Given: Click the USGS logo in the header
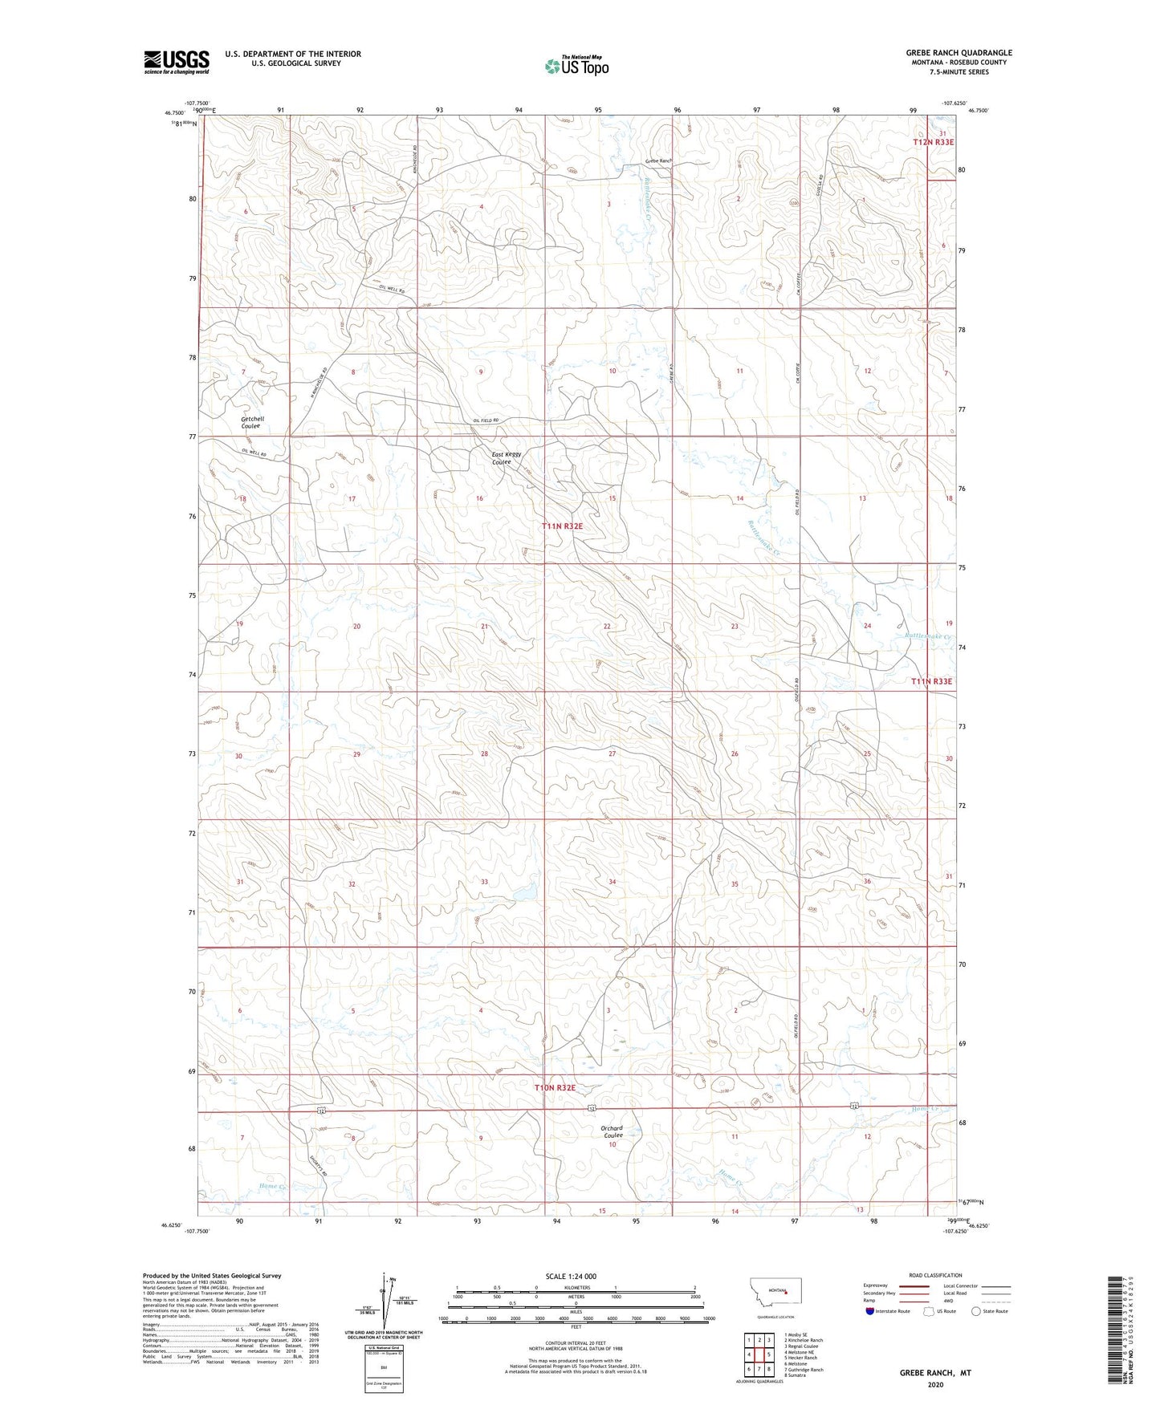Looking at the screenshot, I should [x=177, y=62].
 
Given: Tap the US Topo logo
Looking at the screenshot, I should [x=576, y=66].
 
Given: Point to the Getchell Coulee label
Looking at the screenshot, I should [x=252, y=423].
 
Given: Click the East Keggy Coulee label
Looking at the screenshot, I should [x=506, y=458].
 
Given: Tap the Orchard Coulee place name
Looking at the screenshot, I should [x=612, y=1131].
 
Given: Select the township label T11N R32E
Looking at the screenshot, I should [x=562, y=526].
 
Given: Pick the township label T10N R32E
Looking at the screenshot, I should [x=556, y=1087].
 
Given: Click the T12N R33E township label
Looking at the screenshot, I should [x=934, y=142].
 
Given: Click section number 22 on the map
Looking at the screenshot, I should [x=607, y=626].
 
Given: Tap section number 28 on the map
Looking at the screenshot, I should [x=484, y=754].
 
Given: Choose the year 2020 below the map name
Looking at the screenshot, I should [x=935, y=1384].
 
